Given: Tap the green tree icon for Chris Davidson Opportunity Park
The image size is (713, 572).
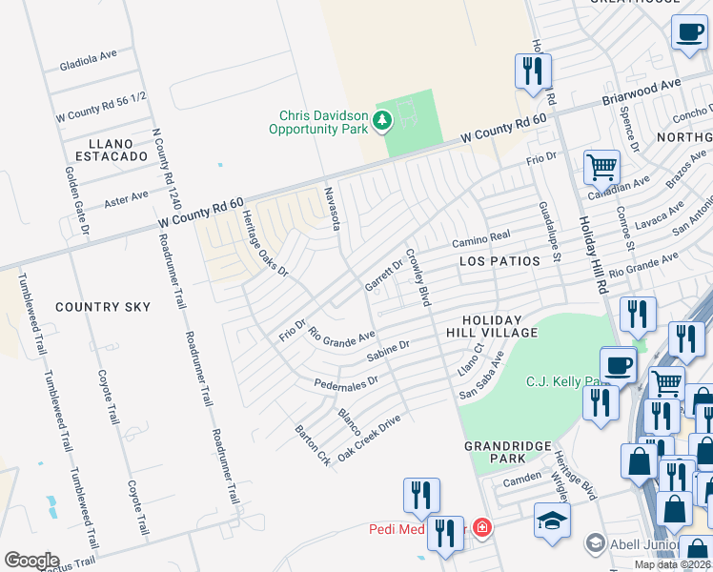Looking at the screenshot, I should (x=381, y=120).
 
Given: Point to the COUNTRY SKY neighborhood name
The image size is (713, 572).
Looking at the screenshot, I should (x=103, y=307).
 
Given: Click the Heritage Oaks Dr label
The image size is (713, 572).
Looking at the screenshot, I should (x=263, y=243).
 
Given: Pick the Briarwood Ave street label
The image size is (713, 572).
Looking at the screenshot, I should (x=641, y=92).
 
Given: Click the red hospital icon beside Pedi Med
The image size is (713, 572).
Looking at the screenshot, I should (x=483, y=527).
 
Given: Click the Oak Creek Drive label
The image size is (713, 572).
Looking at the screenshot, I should (x=369, y=437).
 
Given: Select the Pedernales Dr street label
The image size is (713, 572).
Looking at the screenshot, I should (x=347, y=382).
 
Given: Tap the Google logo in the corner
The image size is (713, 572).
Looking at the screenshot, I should (x=31, y=560).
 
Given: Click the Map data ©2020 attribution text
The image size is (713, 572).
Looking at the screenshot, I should (x=671, y=564).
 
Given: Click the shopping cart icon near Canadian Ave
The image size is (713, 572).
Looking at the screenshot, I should (x=601, y=168).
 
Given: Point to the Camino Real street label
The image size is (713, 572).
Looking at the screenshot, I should (x=482, y=235).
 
